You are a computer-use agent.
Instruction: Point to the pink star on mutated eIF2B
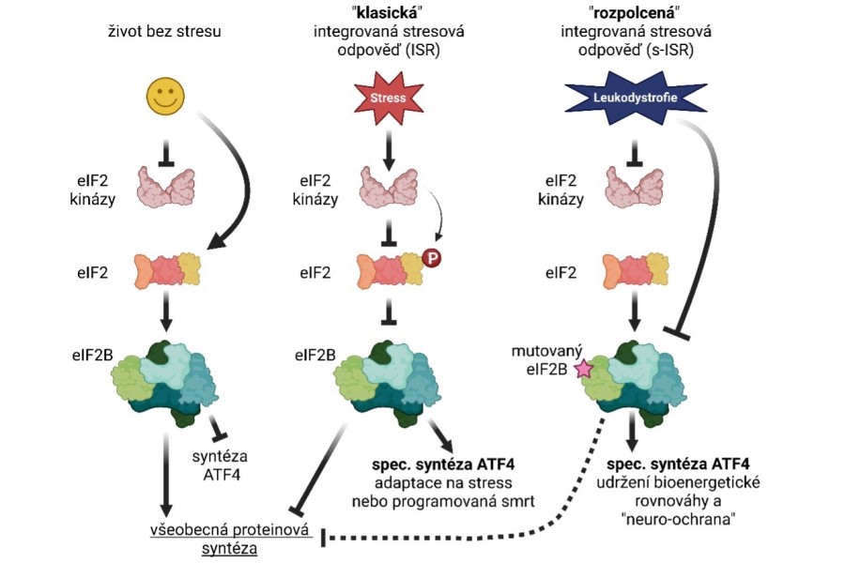click(x=584, y=370)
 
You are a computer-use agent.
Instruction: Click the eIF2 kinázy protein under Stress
click(x=389, y=188)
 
